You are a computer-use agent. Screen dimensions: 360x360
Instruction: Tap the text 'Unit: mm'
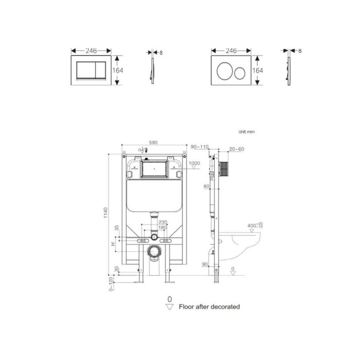246,132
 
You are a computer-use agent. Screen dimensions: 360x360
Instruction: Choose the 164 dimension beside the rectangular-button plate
117,71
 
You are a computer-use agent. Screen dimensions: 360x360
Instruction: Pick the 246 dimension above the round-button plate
231,51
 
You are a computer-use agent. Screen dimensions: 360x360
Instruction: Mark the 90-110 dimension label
200,147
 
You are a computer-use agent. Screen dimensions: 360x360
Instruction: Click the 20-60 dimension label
236,149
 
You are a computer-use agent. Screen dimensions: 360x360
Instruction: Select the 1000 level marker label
194,163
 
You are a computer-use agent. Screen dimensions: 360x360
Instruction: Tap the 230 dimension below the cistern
162,222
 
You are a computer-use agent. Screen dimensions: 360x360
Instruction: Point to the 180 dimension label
162,228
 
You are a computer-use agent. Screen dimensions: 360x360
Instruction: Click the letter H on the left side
113,244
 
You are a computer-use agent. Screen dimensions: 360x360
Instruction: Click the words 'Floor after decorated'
209,306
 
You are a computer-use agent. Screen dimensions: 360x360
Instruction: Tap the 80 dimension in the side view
206,186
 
